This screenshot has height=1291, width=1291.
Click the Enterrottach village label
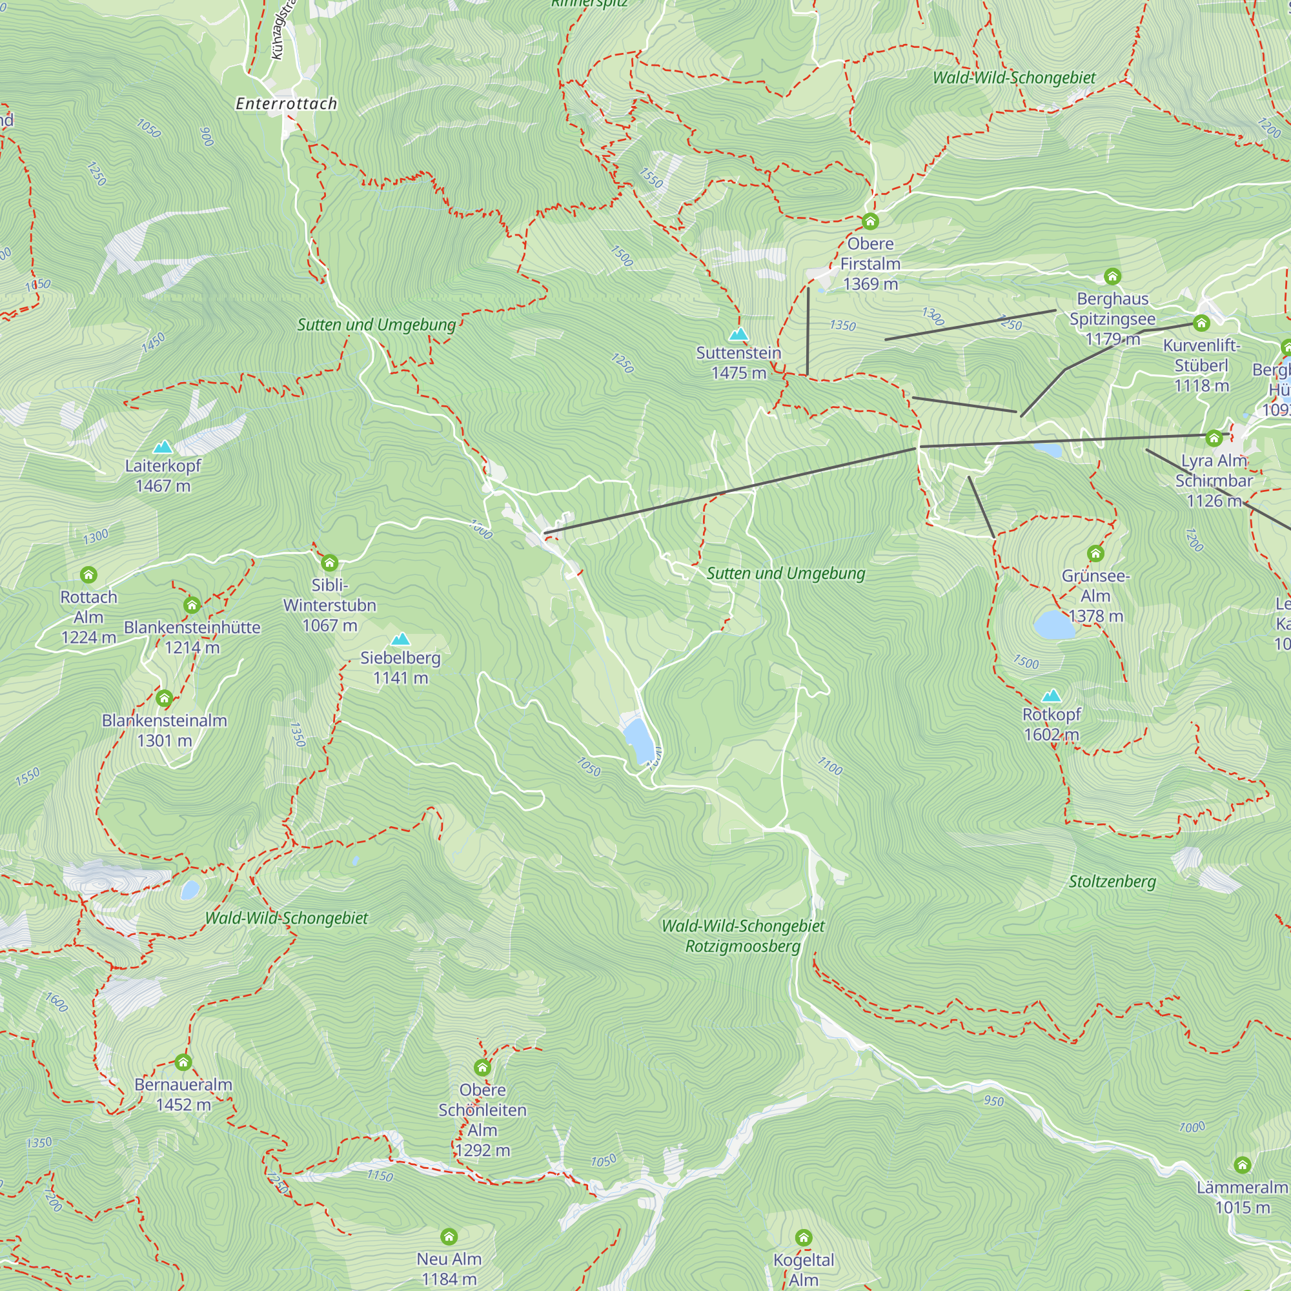286,103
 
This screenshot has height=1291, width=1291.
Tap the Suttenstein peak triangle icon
738,334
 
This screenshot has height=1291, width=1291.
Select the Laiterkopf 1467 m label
163,476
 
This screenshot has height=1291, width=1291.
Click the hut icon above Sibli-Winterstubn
329,563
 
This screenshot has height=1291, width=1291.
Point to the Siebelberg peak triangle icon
400,640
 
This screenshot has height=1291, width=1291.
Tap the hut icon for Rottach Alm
89,574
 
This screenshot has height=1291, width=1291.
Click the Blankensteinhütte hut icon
192,605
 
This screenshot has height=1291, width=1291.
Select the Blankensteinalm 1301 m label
165,730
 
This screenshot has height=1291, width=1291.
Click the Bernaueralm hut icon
183,1062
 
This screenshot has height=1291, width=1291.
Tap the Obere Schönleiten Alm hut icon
482,1068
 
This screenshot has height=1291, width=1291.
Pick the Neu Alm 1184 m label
449,1268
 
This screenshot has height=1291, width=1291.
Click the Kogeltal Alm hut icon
803,1238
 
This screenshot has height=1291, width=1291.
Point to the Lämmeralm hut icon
1242,1165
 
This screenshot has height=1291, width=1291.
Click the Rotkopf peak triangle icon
1051,696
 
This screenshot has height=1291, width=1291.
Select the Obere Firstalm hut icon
870,221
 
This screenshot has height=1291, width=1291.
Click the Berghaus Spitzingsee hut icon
1113,277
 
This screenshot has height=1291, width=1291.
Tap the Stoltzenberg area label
1112,881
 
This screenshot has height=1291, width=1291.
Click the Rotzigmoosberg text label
742,946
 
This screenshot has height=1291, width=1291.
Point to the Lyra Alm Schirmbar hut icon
1214,438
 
